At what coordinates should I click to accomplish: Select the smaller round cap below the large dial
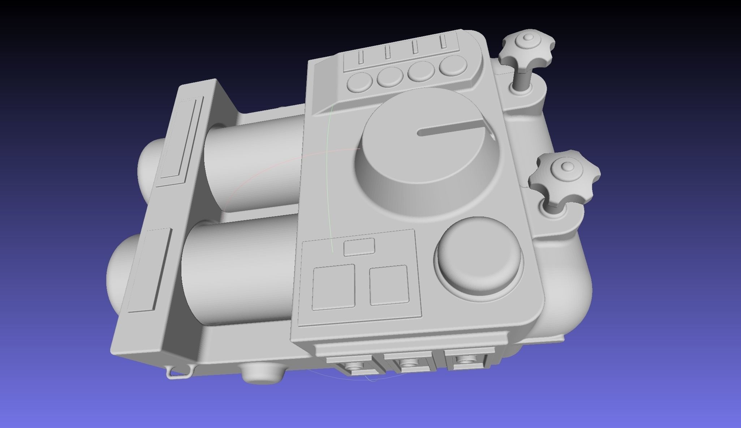coord(479,253)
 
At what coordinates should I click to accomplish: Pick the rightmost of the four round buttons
coord(453,65)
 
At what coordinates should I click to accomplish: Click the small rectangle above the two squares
coord(359,247)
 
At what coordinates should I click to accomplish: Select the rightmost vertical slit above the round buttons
coord(443,42)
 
